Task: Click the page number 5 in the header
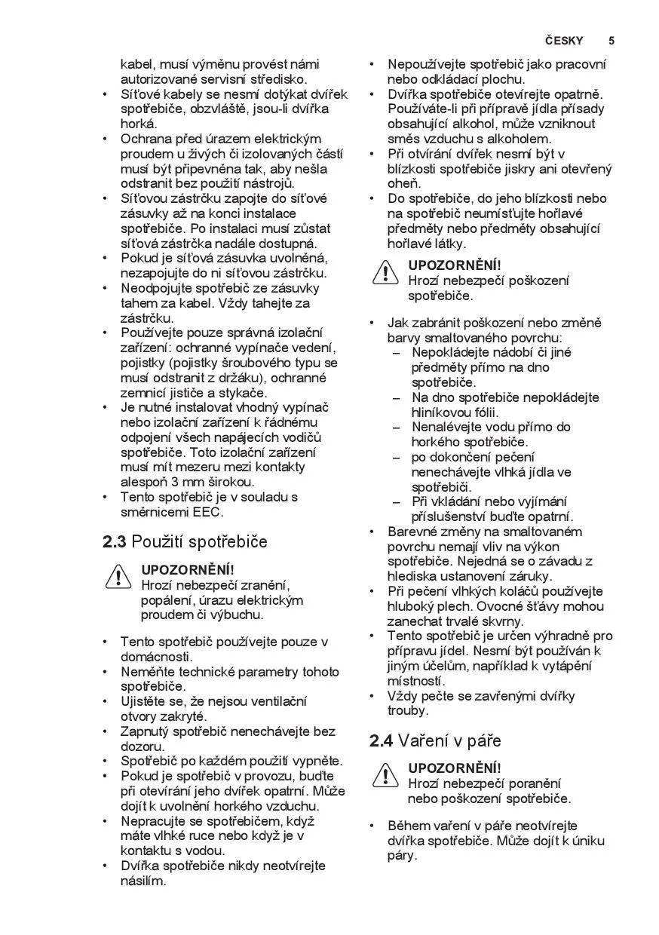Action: pos(611,41)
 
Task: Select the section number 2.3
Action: pos(114,541)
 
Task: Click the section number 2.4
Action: pos(381,740)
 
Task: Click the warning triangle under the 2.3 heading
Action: pos(119,577)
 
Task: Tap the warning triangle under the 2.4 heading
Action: pos(385,775)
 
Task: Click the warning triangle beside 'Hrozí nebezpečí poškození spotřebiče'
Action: pos(385,272)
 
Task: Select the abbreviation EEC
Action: pos(207,512)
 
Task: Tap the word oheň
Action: pos(404,183)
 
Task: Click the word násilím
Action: pos(143,881)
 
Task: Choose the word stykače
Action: pos(244,393)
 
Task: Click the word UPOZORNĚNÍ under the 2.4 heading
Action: pos(454,768)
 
